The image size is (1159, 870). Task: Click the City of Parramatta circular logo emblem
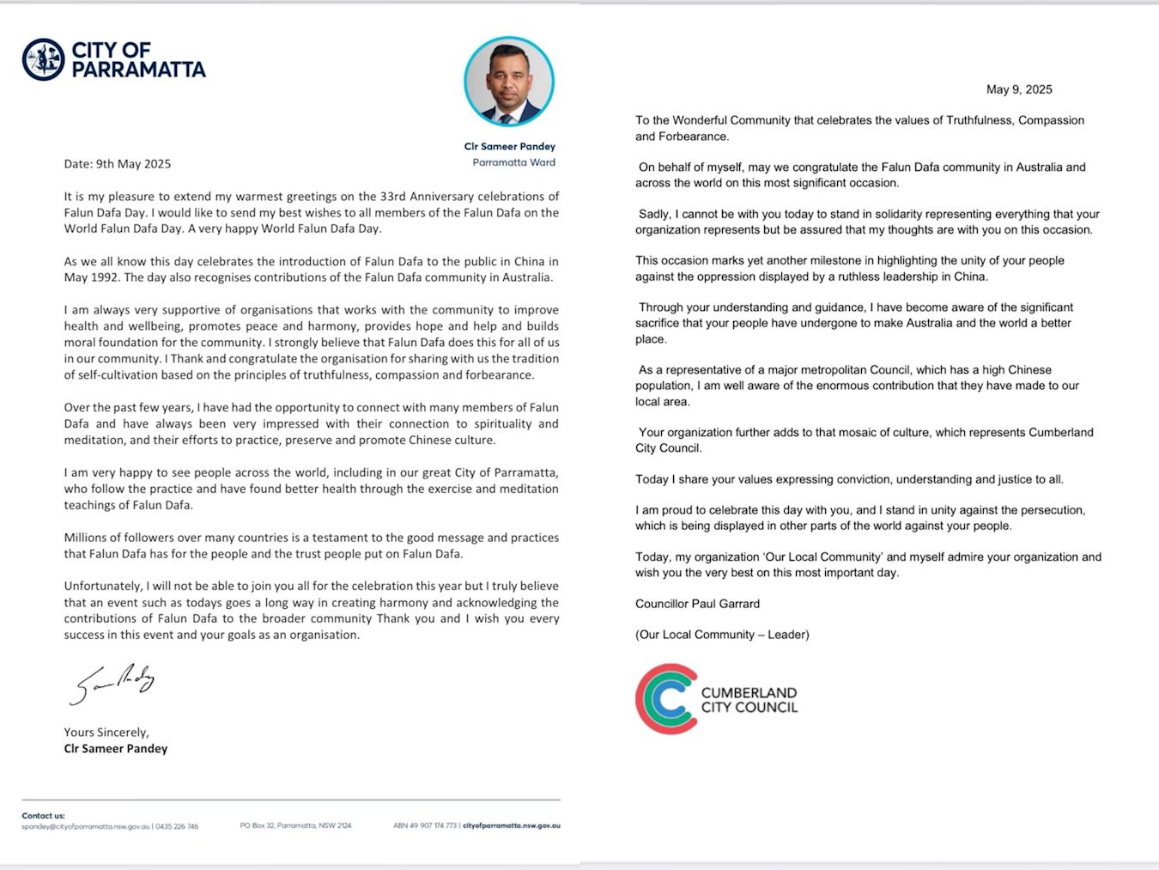click(43, 59)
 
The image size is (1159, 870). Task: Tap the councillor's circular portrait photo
click(509, 82)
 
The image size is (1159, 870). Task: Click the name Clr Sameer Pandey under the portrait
click(510, 146)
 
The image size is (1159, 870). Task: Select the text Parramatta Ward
click(513, 162)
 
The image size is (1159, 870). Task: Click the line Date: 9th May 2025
click(117, 164)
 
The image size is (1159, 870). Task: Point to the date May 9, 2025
click(1019, 89)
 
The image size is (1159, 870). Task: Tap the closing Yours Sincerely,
click(106, 733)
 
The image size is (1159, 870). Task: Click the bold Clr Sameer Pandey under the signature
click(116, 749)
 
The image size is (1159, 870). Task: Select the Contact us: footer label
click(43, 816)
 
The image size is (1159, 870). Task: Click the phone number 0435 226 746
click(177, 826)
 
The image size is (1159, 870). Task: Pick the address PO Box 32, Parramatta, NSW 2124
click(295, 826)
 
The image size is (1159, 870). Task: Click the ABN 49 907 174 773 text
click(425, 826)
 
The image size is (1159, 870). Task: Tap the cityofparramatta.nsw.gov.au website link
click(512, 826)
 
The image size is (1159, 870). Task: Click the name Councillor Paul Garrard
click(697, 604)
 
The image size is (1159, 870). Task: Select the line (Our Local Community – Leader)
click(722, 635)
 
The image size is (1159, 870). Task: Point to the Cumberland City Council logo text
click(749, 700)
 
